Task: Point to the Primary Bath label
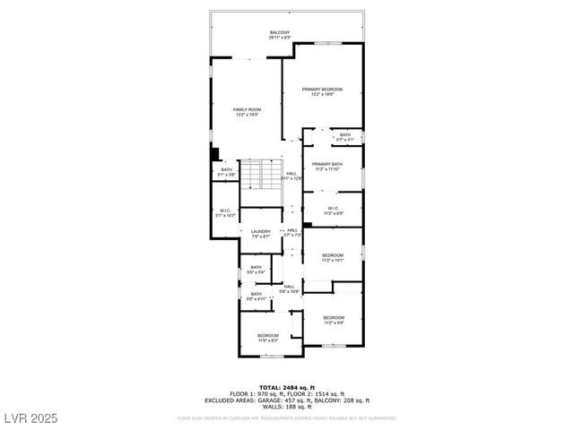[x=327, y=166]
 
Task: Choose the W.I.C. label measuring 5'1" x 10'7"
[x=224, y=213]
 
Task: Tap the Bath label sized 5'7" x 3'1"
[x=345, y=137]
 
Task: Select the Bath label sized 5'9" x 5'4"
[x=257, y=268]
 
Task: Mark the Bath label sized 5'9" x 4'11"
[x=257, y=296]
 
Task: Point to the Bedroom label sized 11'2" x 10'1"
[x=333, y=257]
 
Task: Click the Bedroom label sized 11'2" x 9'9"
[x=334, y=320]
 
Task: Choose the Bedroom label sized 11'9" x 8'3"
[x=268, y=338]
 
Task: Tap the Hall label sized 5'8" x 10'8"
[x=288, y=288]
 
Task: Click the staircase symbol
[x=259, y=174]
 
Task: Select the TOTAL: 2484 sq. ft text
[x=287, y=386]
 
